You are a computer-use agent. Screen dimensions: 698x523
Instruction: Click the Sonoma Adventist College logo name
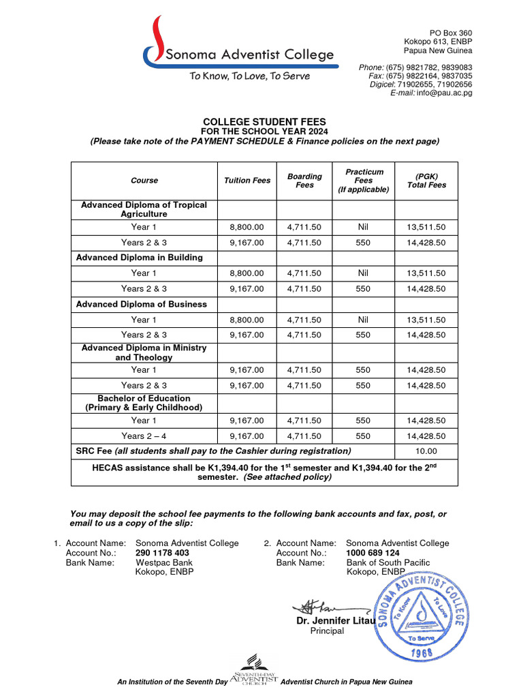point(245,55)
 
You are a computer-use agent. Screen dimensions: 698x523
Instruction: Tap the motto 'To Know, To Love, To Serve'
point(249,76)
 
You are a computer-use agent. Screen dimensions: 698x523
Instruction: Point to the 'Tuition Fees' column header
point(247,181)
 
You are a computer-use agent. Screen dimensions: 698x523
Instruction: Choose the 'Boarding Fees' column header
point(304,181)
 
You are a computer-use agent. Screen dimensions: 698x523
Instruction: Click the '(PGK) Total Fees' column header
point(426,181)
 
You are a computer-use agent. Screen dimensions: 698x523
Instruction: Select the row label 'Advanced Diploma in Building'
point(139,258)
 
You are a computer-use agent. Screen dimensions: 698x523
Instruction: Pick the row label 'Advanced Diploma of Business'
point(141,304)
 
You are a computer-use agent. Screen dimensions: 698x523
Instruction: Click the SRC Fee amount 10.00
point(426,451)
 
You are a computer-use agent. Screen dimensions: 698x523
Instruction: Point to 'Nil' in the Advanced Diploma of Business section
point(363,320)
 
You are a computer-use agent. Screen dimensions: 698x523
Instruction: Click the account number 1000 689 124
point(373,553)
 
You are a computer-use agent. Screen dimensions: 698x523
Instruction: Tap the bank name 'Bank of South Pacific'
point(388,562)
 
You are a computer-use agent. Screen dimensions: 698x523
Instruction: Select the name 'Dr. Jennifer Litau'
point(332,621)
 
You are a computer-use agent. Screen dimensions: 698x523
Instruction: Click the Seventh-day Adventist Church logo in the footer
point(254,671)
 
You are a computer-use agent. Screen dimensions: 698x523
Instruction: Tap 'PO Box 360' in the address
point(450,33)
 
